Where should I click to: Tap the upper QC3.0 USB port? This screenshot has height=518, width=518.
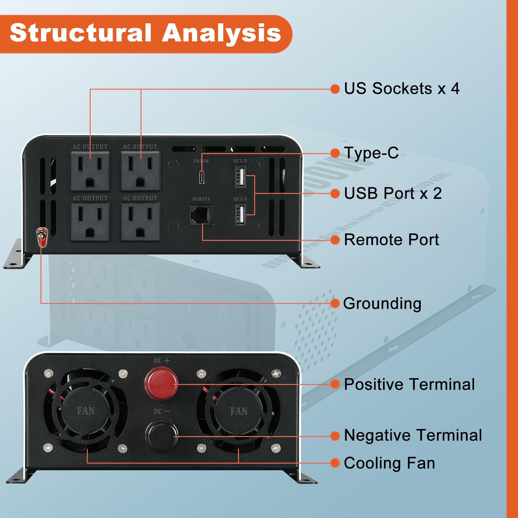(240, 177)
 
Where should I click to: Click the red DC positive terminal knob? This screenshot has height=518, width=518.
(161, 383)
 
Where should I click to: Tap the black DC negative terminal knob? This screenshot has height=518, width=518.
(162, 435)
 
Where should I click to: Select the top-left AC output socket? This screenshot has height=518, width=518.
(90, 171)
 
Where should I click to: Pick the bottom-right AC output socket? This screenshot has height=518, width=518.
(141, 222)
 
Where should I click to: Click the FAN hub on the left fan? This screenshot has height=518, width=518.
(86, 411)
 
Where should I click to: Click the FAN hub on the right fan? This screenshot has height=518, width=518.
(239, 411)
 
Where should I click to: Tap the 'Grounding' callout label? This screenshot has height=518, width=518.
(382, 304)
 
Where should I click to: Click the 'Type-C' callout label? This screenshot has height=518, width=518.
(371, 153)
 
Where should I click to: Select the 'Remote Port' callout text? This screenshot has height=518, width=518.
(391, 240)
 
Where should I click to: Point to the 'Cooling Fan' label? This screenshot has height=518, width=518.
(389, 463)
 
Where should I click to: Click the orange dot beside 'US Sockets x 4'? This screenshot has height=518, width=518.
(335, 89)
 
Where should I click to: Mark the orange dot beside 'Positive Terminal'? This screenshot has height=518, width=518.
(335, 384)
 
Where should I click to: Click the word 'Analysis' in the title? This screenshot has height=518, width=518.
(221, 33)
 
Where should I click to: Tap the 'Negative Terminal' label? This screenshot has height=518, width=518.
(413, 435)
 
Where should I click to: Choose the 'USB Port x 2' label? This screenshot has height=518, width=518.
(392, 194)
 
